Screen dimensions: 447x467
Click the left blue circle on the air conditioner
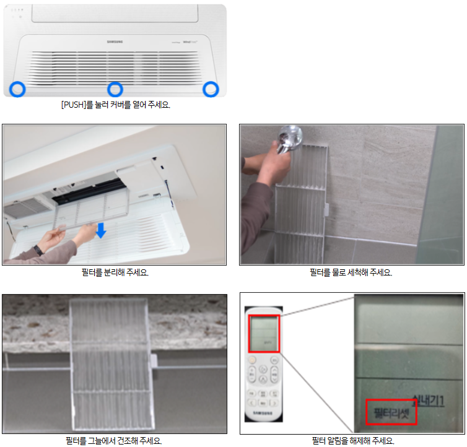[18, 89]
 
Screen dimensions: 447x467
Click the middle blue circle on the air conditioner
[115, 89]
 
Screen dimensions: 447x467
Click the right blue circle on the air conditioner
[212, 89]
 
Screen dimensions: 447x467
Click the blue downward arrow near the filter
[101, 230]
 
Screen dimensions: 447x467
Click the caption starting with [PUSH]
[115, 105]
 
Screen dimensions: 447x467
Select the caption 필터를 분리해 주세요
[115, 272]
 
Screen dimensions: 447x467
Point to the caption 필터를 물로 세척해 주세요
[351, 272]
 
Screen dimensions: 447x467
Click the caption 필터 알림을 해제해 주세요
[352, 440]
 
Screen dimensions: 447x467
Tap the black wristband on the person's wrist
[38, 250]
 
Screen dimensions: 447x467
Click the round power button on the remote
[253, 360]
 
